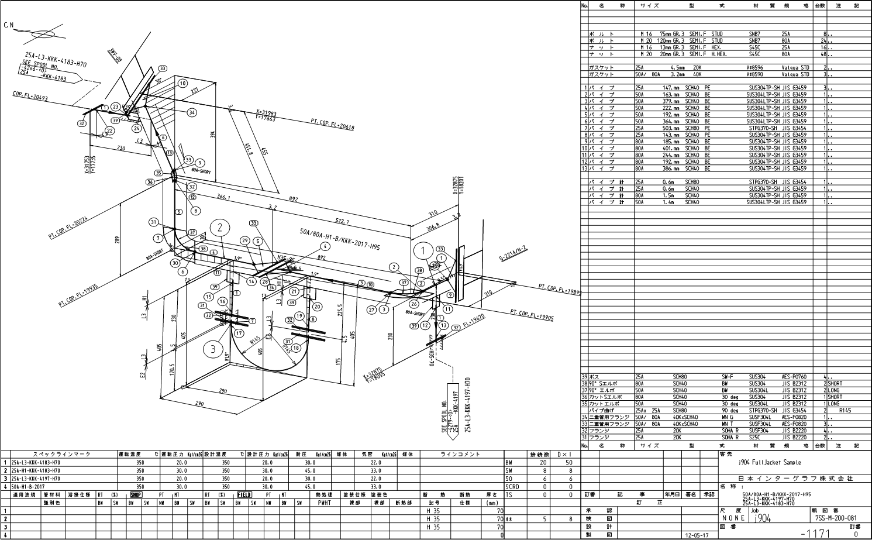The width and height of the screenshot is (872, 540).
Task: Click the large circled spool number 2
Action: [220, 228]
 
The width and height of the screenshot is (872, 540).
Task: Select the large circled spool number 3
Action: [213, 350]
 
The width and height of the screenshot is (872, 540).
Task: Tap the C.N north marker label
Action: [8, 25]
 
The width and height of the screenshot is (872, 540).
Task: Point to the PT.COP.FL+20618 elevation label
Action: [332, 123]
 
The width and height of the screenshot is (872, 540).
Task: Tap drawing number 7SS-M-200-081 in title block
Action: [835, 518]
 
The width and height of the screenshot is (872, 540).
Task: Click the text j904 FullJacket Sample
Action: [766, 462]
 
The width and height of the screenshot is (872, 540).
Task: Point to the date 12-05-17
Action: [696, 534]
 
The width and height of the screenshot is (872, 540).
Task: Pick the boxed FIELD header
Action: [244, 494]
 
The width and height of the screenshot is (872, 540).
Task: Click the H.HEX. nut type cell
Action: [718, 54]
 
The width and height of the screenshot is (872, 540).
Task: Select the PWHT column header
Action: [325, 502]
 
